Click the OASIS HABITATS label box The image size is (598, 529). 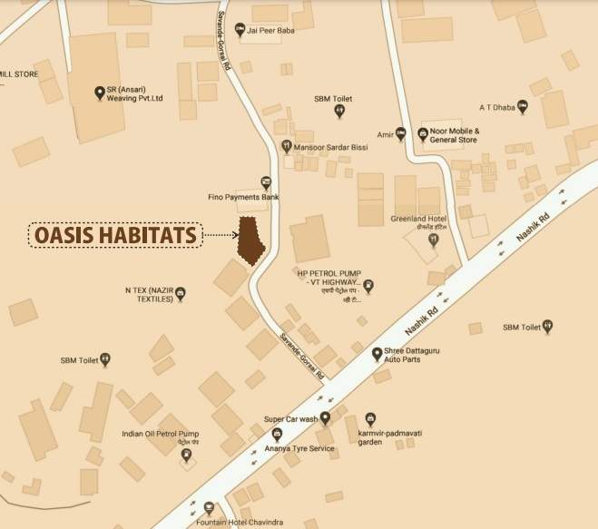click(115, 236)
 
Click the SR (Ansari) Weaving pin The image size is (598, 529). click(100, 92)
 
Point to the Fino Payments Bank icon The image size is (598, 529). click(265, 181)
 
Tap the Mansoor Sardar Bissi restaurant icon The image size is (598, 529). click(288, 145)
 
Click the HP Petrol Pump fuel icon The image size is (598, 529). click(369, 287)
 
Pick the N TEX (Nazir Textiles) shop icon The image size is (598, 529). click(181, 292)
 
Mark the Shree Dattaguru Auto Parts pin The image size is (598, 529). click(377, 353)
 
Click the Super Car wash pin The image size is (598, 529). click(325, 418)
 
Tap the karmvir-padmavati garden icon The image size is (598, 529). click(370, 418)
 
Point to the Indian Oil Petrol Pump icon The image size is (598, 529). click(187, 456)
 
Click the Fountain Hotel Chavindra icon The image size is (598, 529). click(210, 507)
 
